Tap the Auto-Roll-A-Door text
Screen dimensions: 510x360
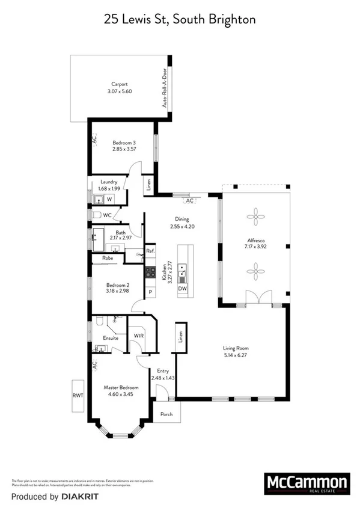pyautogui.click(x=163, y=88)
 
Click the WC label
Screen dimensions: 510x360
pyautogui.click(x=107, y=215)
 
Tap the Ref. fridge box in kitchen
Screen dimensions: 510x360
pyautogui.click(x=150, y=251)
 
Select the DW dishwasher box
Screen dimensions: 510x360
pyautogui.click(x=182, y=289)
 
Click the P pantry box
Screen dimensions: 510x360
pyautogui.click(x=150, y=291)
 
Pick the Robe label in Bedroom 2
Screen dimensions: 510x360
pyautogui.click(x=108, y=258)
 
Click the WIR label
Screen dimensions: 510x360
pyautogui.click(x=138, y=336)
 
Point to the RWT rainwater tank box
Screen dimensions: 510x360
pyautogui.click(x=78, y=396)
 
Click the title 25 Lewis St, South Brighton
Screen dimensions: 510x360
pyautogui.click(x=180, y=20)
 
